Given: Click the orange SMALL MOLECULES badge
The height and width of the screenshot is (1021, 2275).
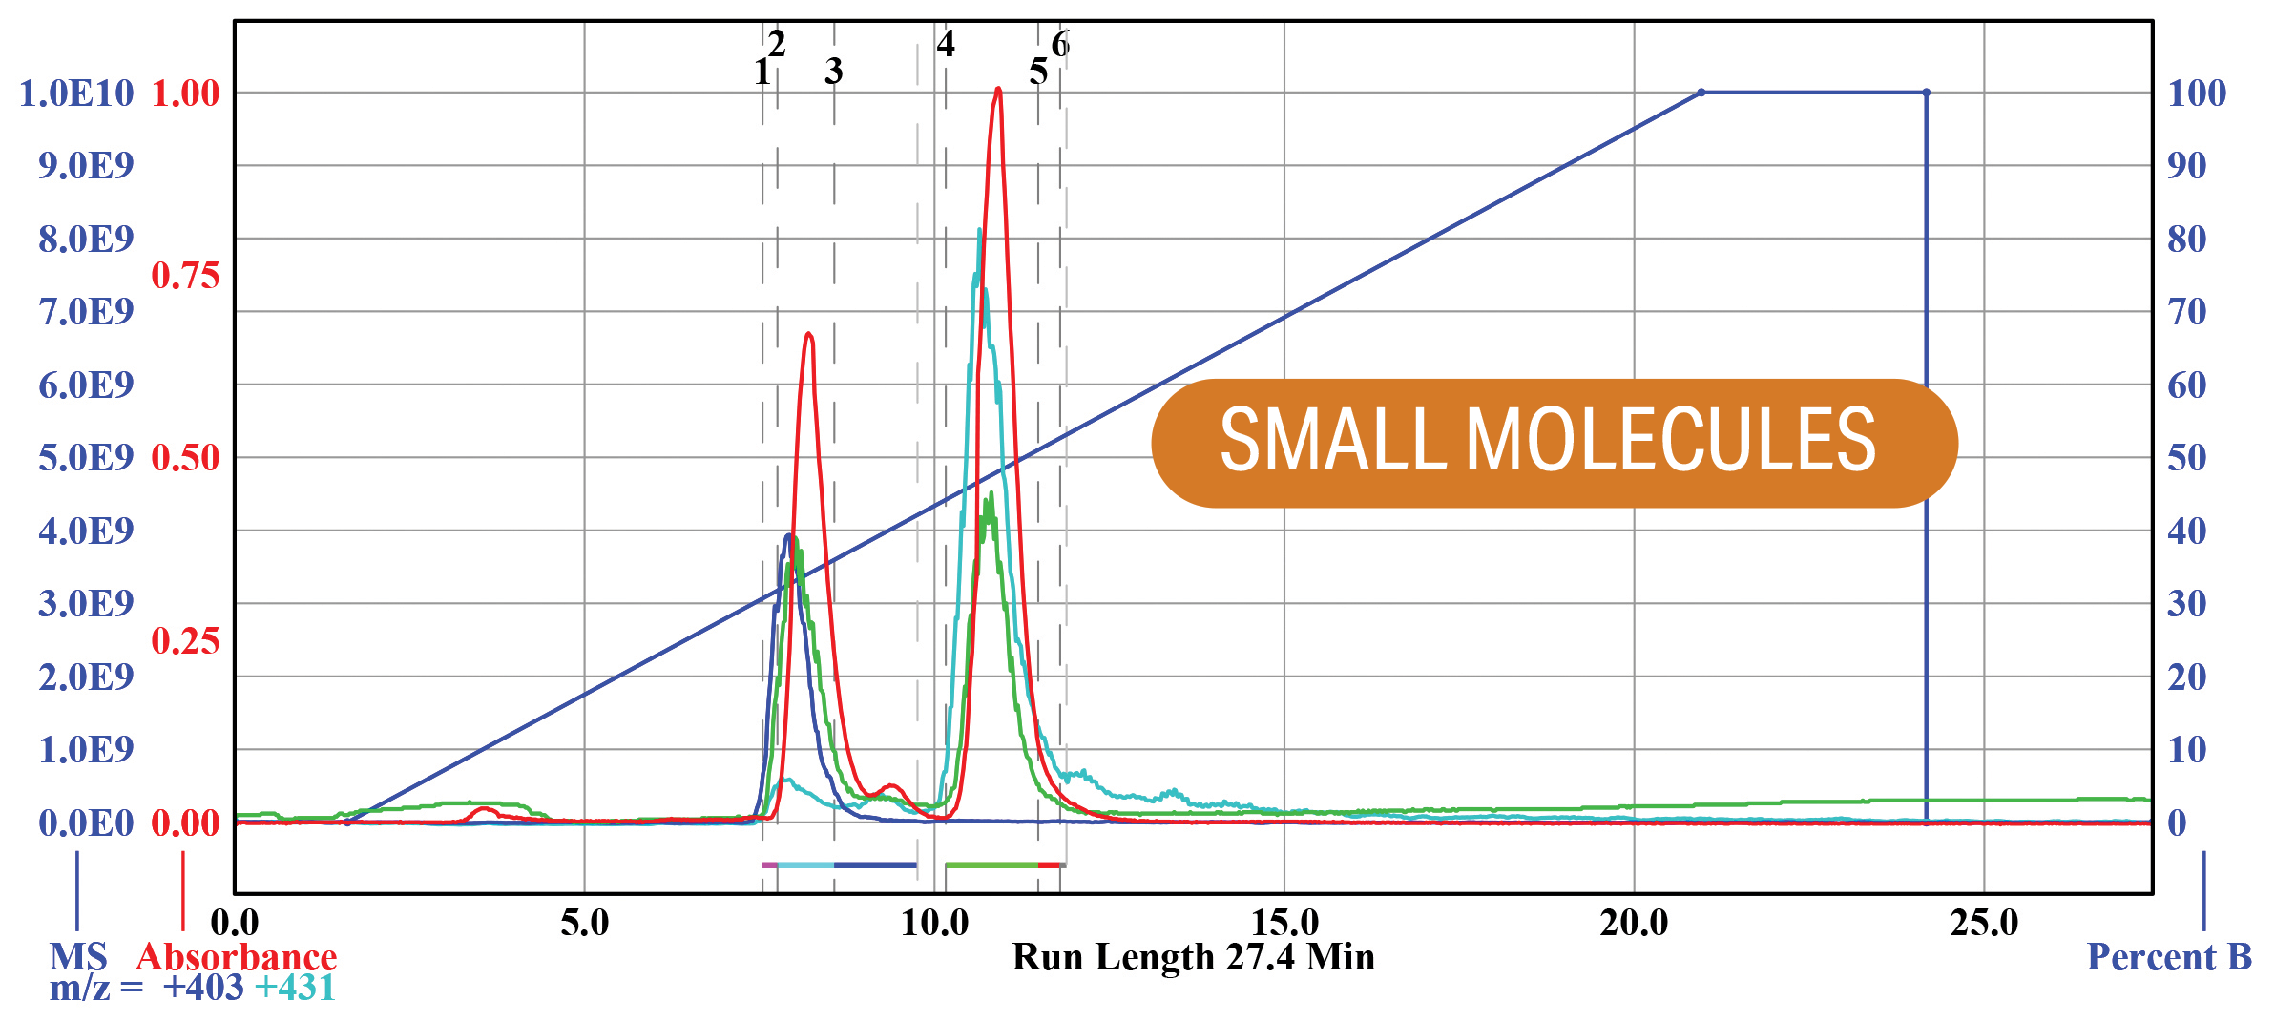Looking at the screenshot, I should [1554, 443].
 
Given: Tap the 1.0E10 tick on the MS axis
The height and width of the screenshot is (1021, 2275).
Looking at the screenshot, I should [76, 94].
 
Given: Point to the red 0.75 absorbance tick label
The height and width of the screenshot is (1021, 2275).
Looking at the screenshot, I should [185, 276].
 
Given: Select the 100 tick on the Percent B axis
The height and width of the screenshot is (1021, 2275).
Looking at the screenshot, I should [2196, 94].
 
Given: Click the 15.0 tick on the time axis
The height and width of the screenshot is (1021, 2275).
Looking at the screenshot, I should [1284, 923].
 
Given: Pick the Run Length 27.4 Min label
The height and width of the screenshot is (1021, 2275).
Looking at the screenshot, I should [1193, 957].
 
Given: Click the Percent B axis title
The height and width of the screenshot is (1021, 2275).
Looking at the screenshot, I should [2169, 957].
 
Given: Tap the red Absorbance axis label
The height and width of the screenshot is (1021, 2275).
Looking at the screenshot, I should [237, 957].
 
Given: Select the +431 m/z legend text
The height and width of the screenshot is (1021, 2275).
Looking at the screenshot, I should [295, 988].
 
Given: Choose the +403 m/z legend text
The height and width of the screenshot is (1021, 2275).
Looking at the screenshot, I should [203, 988].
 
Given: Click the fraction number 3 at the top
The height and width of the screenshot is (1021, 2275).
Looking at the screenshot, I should [833, 72].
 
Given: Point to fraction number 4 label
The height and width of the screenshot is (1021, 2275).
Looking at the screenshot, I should [945, 44].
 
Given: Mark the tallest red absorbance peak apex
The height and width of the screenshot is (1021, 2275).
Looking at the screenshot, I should [998, 90].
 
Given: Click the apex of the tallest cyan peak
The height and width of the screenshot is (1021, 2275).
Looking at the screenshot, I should [980, 231].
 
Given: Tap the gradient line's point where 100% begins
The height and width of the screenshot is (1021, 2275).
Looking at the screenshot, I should [1701, 93].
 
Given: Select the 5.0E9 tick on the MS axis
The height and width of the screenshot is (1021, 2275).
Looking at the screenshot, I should [86, 458].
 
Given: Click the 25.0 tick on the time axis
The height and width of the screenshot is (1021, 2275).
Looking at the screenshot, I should [1984, 923].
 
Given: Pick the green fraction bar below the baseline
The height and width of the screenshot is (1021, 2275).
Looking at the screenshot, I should [991, 865].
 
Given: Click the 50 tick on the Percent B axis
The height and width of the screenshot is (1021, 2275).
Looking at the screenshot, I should [2186, 458].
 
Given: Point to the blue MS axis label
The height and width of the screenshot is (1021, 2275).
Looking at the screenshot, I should [78, 957].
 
